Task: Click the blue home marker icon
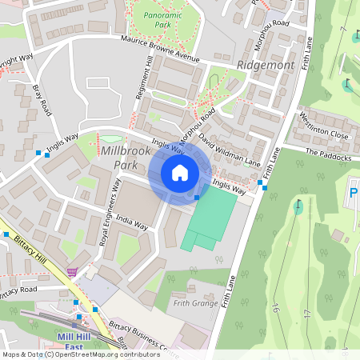pyautogui.click(x=180, y=173)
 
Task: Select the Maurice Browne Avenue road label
pyautogui.click(x=159, y=49)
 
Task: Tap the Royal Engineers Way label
pyautogui.click(x=110, y=211)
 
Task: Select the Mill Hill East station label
pyautogui.click(x=78, y=342)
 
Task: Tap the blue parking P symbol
pyautogui.click(x=354, y=192)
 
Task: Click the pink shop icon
pyautogui.click(x=73, y=272)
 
